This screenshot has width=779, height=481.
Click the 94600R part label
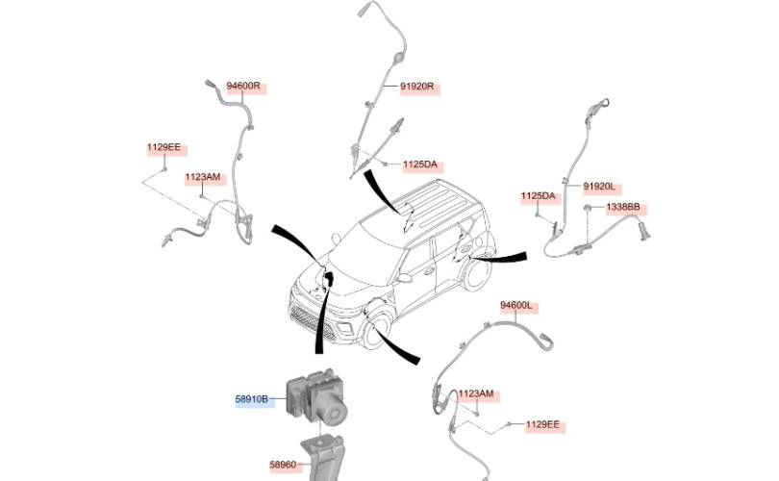pyautogui.click(x=243, y=86)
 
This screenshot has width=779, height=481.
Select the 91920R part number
pyautogui.click(x=417, y=87)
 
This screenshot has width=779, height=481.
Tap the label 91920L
pyautogui.click(x=599, y=187)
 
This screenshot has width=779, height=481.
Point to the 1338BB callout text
pyautogui.click(x=623, y=207)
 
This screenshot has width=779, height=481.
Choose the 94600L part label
pyautogui.click(x=516, y=305)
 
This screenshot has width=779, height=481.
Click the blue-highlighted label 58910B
pyautogui.click(x=252, y=399)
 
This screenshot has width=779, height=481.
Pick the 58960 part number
pyautogui.click(x=283, y=465)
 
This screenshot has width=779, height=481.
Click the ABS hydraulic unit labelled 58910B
pyautogui.click(x=317, y=397)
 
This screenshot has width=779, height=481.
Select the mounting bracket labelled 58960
pyautogui.click(x=322, y=458)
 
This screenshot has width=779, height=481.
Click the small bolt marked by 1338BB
pyautogui.click(x=587, y=207)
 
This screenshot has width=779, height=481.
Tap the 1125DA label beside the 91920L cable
pyautogui.click(x=538, y=196)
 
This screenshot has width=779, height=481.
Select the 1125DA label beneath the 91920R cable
pyautogui.click(x=420, y=165)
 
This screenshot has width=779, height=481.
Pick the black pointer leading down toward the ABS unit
pyautogui.click(x=322, y=313)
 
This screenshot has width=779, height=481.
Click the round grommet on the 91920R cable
pyautogui.click(x=397, y=59)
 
